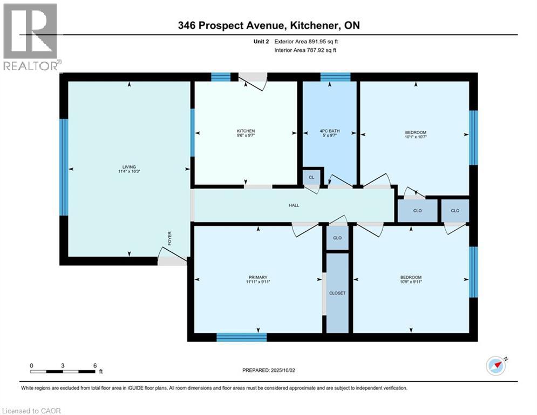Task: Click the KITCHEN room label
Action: [246, 131]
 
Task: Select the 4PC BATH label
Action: [329, 131]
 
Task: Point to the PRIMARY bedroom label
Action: [258, 277]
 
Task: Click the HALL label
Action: [294, 205]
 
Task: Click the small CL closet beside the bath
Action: [311, 177]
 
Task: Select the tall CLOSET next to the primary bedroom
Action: [337, 293]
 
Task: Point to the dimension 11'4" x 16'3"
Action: [128, 171]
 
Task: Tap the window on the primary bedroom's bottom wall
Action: [241, 337]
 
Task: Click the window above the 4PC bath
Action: [335, 77]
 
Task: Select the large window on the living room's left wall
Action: [64, 168]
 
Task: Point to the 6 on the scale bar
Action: [94, 365]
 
